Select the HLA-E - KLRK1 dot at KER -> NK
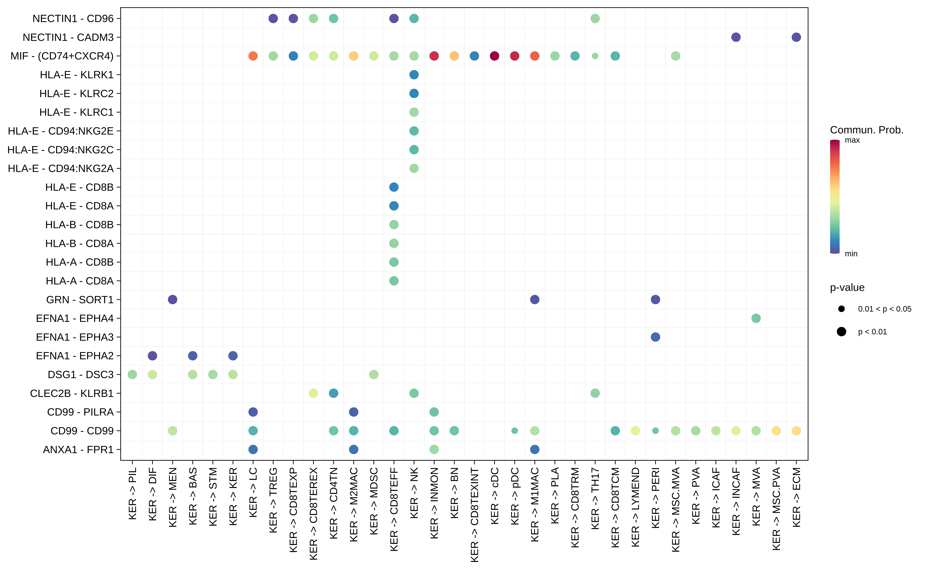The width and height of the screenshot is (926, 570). pyautogui.click(x=414, y=75)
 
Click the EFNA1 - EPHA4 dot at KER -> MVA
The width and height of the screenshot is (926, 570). pyautogui.click(x=756, y=318)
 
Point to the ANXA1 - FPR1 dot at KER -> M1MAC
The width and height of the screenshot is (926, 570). pyautogui.click(x=534, y=449)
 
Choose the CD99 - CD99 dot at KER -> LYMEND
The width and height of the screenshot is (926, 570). pyautogui.click(x=635, y=431)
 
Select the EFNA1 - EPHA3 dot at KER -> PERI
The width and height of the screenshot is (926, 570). pyautogui.click(x=655, y=337)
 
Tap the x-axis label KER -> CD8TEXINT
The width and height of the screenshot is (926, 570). pyautogui.click(x=474, y=515)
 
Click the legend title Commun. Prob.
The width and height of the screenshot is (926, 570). pyautogui.click(x=867, y=130)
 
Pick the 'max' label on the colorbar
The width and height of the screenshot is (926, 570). pyautogui.click(x=852, y=140)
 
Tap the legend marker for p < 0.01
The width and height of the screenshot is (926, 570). pyautogui.click(x=841, y=332)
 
